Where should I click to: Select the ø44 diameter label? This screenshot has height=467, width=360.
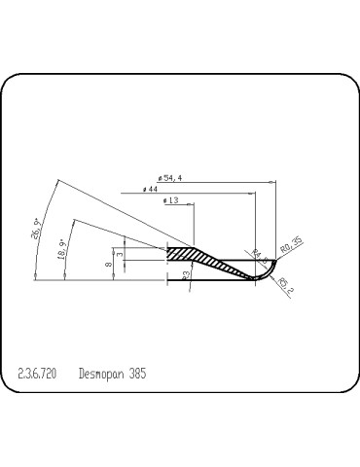pos(150,189)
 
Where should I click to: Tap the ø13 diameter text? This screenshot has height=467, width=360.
pos(176,200)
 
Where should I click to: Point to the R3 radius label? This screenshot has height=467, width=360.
pos(185,275)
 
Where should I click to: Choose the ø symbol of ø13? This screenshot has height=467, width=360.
pos(166,200)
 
